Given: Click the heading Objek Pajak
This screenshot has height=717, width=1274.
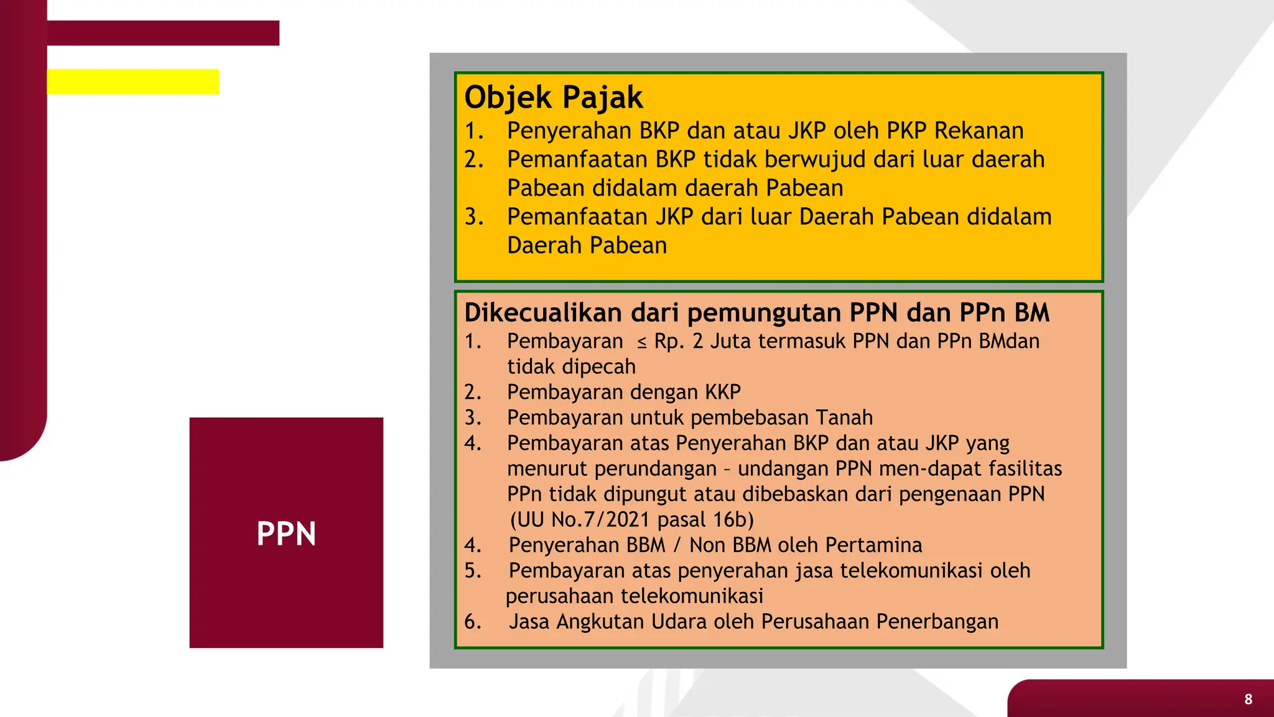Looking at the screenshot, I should (x=553, y=98).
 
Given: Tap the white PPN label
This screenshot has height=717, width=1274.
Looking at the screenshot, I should (x=286, y=534).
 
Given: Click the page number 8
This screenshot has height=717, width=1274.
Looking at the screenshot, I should (x=1248, y=699).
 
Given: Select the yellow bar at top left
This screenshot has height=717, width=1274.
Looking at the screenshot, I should (x=133, y=82).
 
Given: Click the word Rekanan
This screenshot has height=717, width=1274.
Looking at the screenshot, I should (x=979, y=131).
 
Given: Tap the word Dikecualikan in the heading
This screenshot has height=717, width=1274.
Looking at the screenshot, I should (x=542, y=312).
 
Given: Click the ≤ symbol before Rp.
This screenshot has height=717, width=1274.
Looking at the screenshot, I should (x=641, y=342).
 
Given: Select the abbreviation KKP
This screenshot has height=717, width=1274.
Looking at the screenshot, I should (x=722, y=392).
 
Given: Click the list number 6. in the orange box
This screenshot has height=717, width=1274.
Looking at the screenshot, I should (x=473, y=622).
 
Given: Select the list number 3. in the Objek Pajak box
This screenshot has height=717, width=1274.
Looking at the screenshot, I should (x=474, y=217).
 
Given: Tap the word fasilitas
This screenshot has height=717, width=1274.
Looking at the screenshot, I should (x=1025, y=469).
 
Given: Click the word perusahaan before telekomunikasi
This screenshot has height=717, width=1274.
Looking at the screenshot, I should (x=559, y=596).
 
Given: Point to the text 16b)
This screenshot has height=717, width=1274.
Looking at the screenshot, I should (x=732, y=520).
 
